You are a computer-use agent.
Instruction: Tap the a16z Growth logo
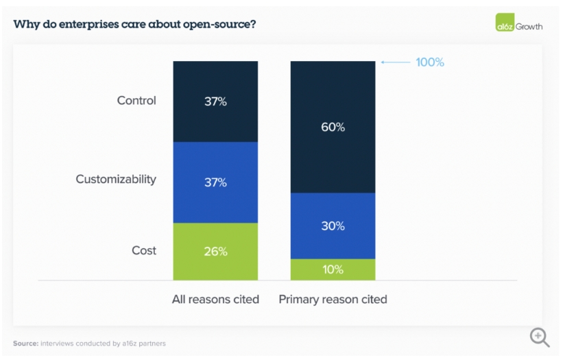tap(518, 25)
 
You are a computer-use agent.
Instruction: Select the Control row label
tap(136, 100)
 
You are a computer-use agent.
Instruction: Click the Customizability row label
tap(116, 179)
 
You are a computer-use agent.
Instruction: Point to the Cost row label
tap(144, 250)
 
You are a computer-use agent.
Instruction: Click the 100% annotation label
tap(430, 62)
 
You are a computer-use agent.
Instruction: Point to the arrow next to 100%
tap(395, 62)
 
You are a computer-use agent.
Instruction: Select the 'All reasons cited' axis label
tap(215, 299)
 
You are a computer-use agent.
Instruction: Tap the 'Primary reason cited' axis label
tap(333, 299)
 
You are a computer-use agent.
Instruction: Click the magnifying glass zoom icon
tap(540, 337)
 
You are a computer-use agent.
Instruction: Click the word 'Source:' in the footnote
tap(25, 343)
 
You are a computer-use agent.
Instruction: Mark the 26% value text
tap(215, 252)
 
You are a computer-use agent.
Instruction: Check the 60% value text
tap(333, 128)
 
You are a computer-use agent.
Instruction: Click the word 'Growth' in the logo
tap(529, 26)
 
